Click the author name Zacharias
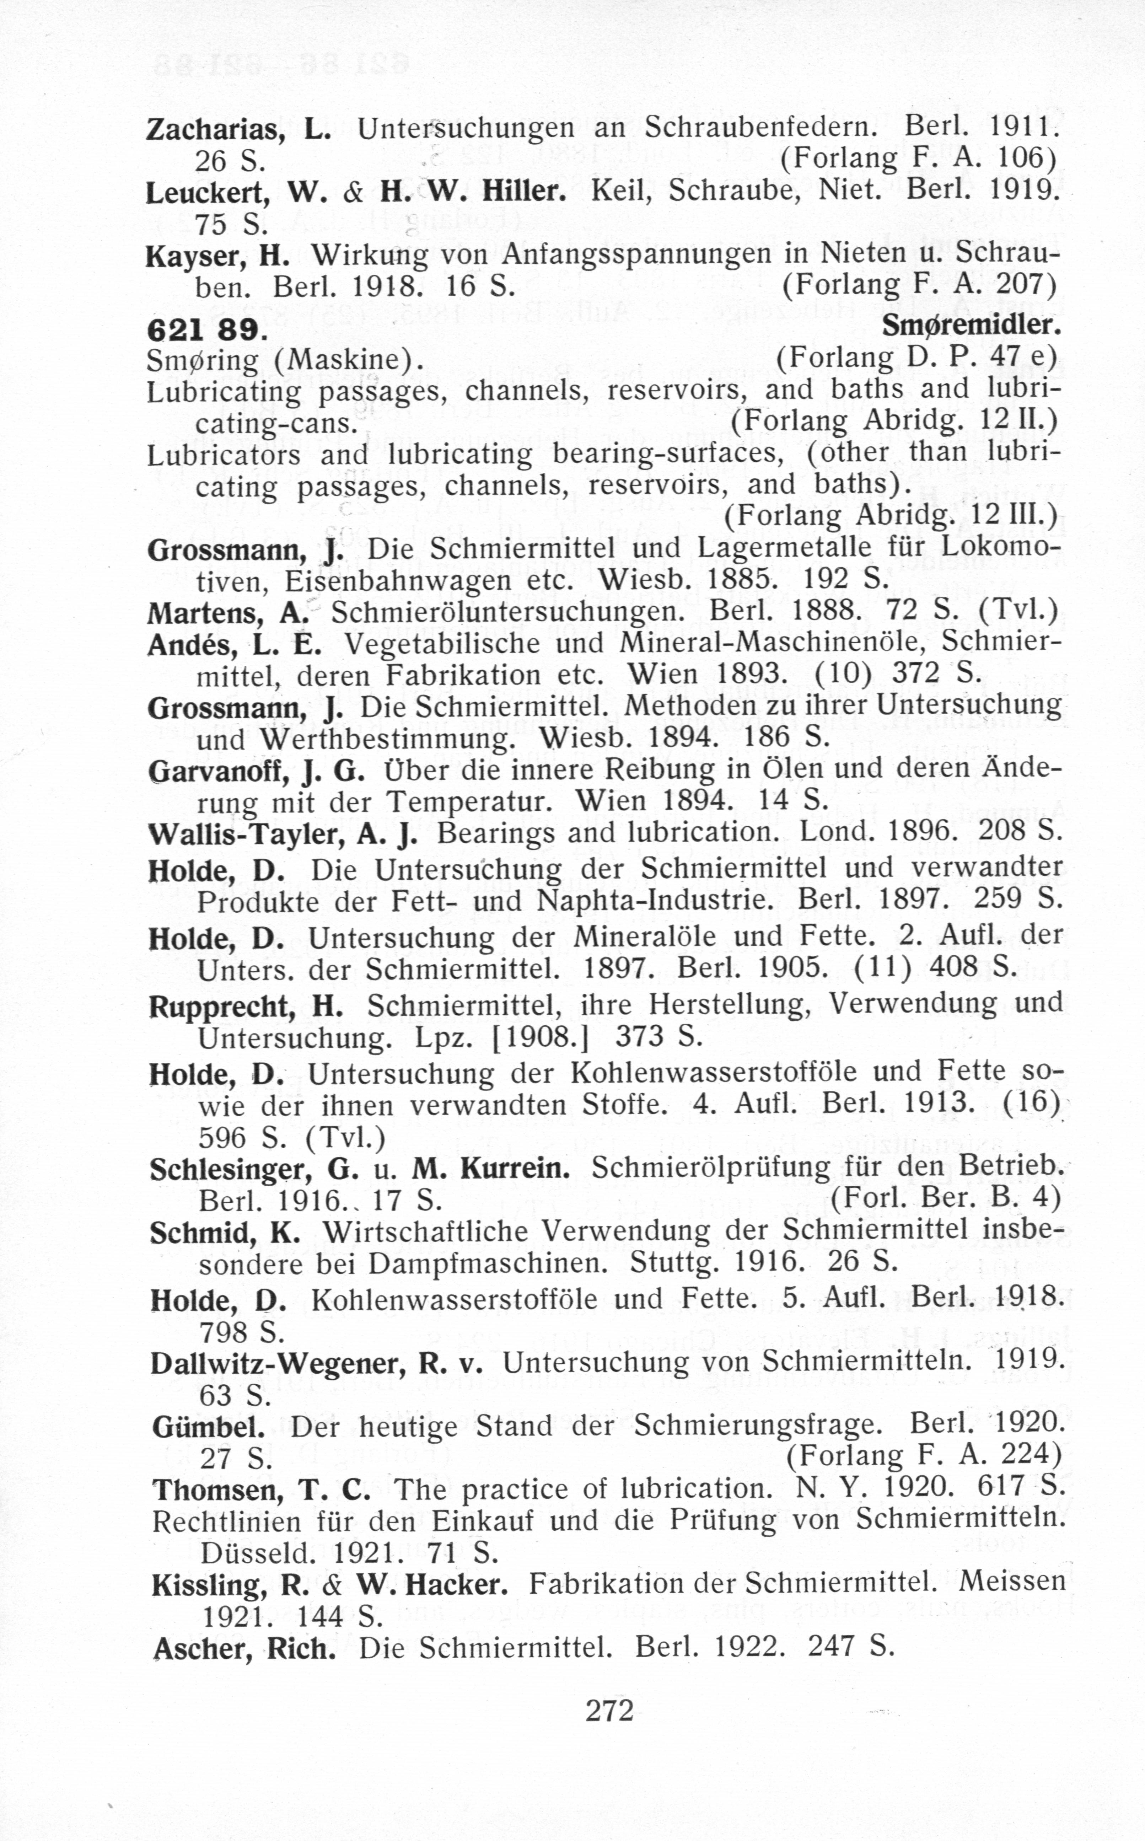[214, 130]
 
